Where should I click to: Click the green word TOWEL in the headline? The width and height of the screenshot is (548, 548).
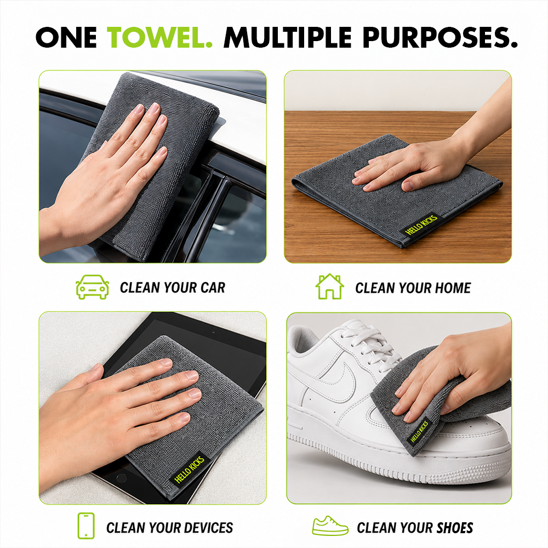pos(159,37)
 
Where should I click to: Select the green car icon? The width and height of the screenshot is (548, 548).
pos(92,287)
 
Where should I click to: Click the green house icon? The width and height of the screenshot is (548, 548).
pos(329,287)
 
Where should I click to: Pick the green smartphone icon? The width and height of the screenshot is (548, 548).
pos(86,526)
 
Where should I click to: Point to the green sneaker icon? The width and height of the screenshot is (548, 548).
pos(330,526)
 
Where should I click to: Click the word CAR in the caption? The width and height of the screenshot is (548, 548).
pos(213,288)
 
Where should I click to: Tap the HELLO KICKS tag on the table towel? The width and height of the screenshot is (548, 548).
pos(421,225)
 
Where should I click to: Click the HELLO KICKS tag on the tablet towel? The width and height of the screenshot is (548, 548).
pos(189,470)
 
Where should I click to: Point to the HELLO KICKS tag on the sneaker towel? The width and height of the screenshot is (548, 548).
pos(419,431)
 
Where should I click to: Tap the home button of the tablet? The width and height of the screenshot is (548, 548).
pos(121,477)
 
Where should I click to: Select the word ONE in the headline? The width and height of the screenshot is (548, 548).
pos(66,37)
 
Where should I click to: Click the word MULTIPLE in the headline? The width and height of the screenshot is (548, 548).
pos(287,37)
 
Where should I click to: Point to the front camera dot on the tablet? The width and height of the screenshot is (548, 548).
pos(214,333)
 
